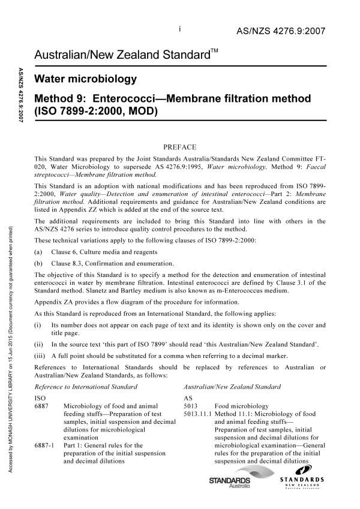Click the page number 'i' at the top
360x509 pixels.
click(180, 28)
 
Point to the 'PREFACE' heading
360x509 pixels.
click(180, 145)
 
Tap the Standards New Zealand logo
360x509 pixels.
click(301, 483)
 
